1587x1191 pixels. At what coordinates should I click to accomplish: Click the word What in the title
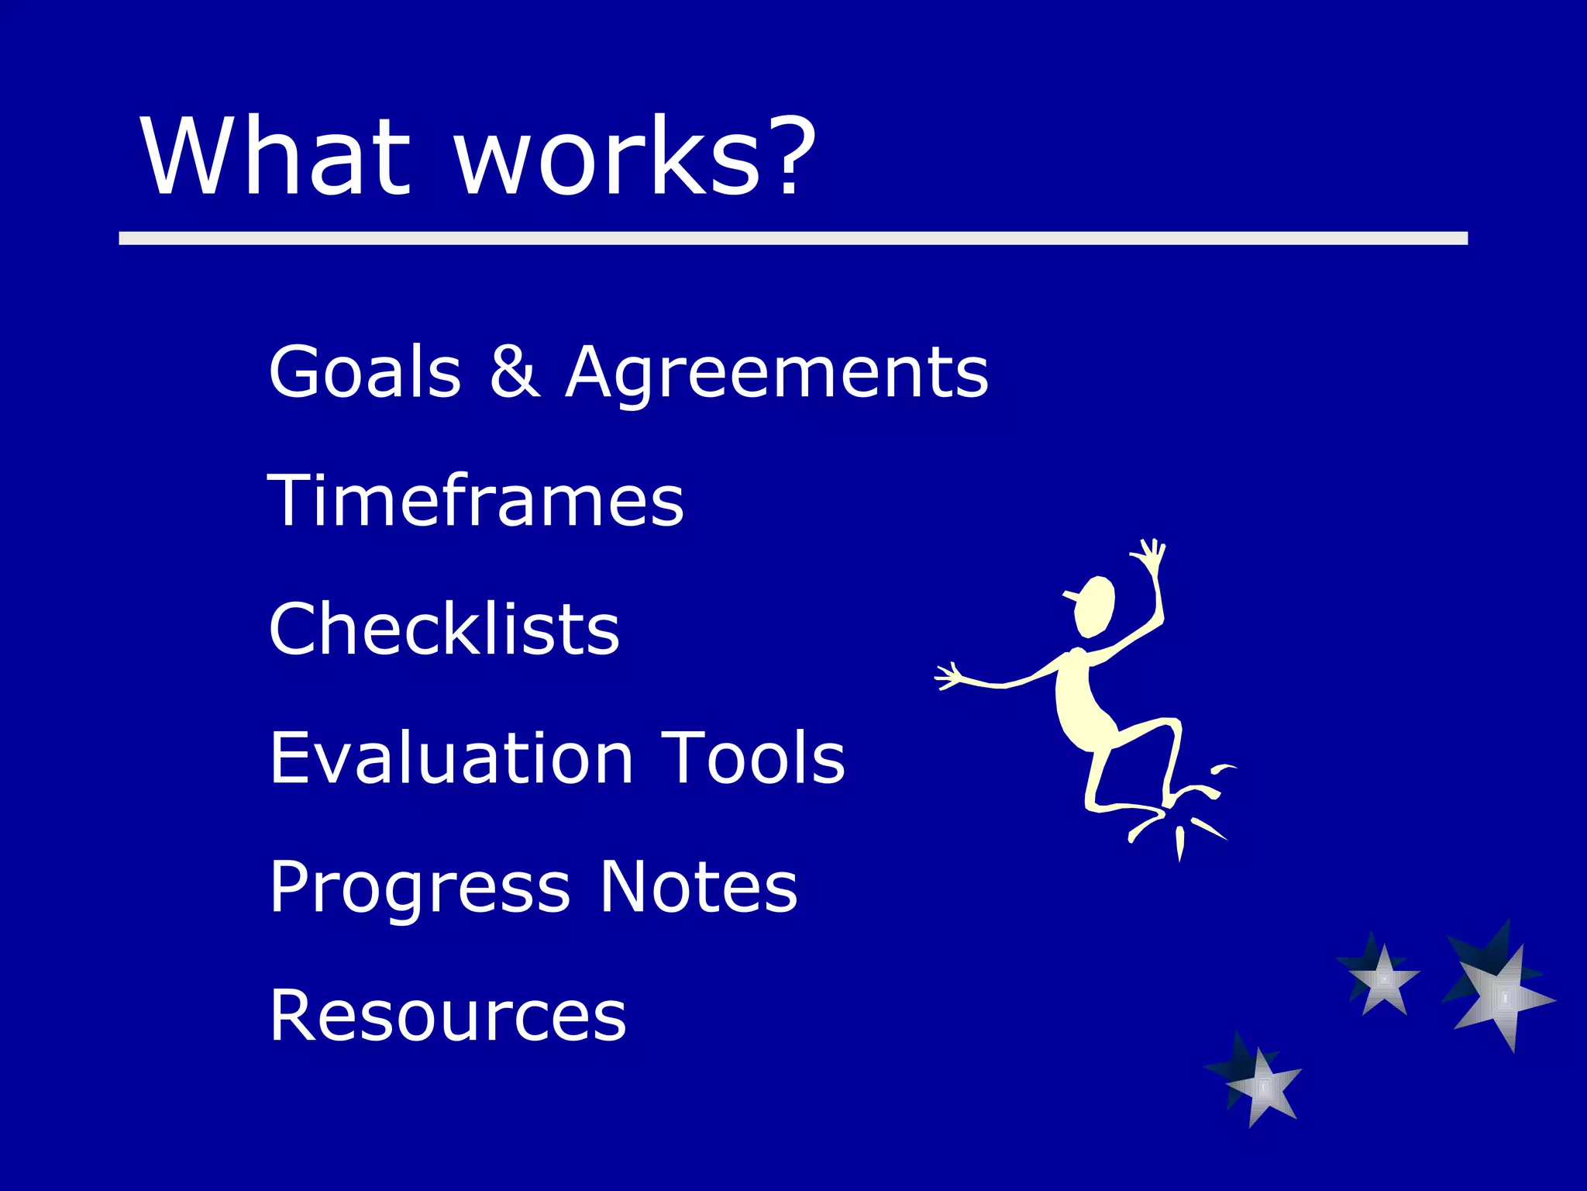275,157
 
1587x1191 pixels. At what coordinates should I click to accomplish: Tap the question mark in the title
788,155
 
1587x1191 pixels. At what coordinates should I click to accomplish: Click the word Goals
365,372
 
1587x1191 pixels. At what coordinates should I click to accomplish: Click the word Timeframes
476,501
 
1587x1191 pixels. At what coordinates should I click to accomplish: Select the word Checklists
444,629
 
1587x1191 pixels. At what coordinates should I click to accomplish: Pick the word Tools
753,758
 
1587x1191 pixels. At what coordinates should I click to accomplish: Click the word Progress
419,889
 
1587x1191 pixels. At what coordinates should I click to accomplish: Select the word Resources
447,1015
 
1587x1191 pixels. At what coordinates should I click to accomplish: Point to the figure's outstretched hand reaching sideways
949,677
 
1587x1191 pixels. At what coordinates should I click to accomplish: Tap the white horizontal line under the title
793,238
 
